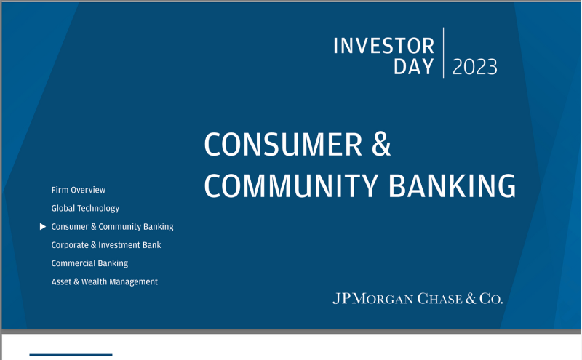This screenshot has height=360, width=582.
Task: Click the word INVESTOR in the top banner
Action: (x=383, y=46)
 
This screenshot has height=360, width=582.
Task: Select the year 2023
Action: (x=475, y=68)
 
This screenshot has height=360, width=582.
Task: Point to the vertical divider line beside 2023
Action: (x=443, y=52)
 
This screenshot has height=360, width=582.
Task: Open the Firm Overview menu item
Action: (x=78, y=190)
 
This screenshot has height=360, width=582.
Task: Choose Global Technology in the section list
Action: (x=85, y=208)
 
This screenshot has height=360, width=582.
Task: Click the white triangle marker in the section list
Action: (x=43, y=227)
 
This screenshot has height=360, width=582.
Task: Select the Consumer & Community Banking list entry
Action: (x=112, y=227)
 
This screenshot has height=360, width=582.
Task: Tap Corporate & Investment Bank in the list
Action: (x=105, y=245)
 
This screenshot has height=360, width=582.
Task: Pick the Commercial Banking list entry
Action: (x=89, y=263)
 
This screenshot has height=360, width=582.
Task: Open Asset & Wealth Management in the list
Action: (x=104, y=281)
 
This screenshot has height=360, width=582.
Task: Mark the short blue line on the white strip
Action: (x=71, y=355)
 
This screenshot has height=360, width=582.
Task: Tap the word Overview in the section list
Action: (x=88, y=190)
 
